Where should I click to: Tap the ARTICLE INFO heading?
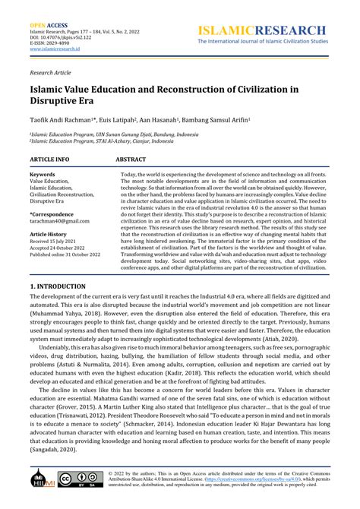(x=49, y=160)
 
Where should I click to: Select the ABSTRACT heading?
(x=131, y=160)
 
